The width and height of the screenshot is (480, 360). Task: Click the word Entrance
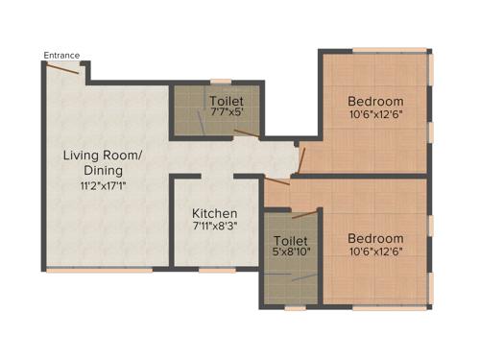tap(60, 55)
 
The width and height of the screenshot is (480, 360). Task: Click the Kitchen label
tap(214, 213)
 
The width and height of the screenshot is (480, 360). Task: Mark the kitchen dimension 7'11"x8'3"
tap(214, 226)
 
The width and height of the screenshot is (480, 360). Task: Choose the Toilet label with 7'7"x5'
tap(227, 100)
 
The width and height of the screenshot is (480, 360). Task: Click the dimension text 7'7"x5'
tap(227, 111)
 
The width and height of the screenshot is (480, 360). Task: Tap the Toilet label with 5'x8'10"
tap(290, 240)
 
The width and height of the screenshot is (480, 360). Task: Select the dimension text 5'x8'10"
tap(290, 252)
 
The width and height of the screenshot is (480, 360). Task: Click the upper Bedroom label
tap(375, 101)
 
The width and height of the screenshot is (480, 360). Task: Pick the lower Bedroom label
tap(375, 238)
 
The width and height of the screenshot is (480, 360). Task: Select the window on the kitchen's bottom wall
tap(217, 270)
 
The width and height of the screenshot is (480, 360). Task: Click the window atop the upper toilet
tap(221, 82)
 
